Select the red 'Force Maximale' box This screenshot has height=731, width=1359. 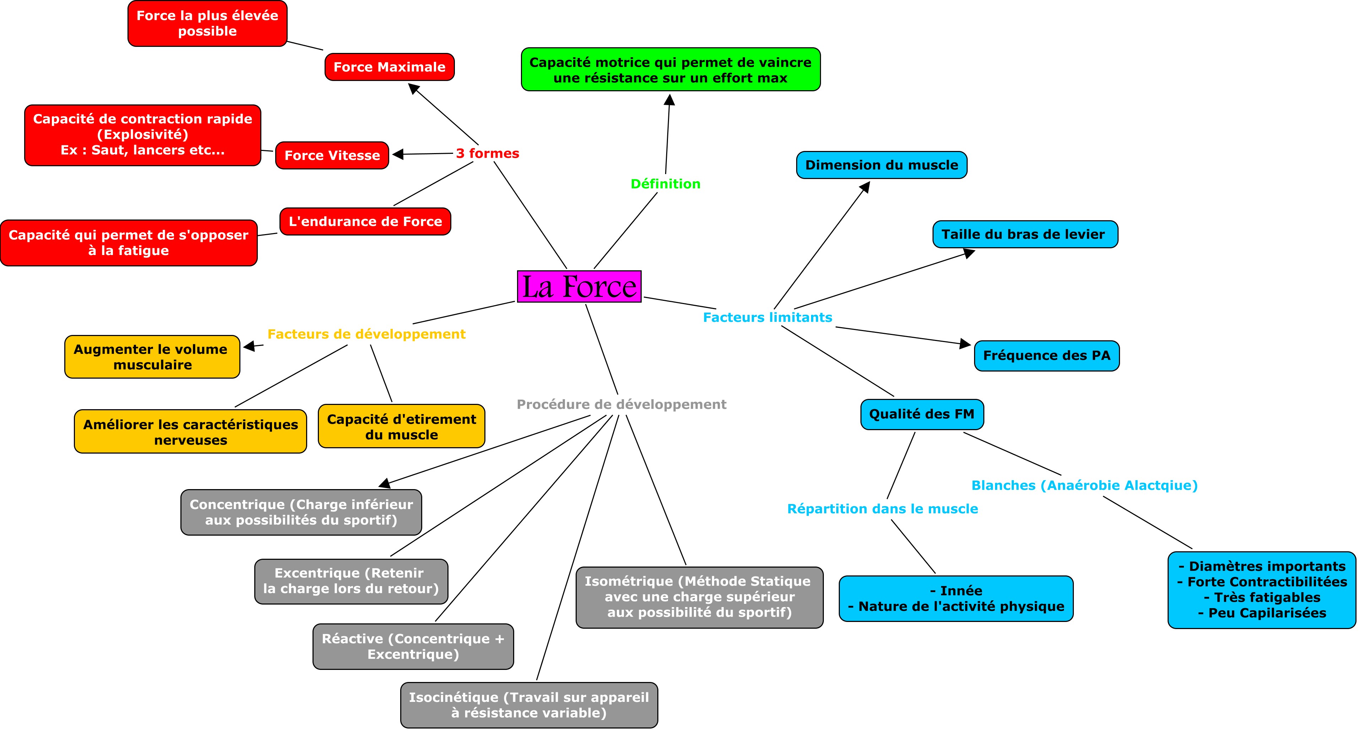coord(389,67)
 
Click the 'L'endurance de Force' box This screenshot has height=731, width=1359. coord(365,221)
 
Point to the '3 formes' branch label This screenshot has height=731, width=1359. coord(488,153)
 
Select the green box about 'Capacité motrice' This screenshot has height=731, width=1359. coord(670,70)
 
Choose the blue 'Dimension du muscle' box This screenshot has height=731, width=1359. coord(881,165)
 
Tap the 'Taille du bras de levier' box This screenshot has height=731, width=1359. coord(1025,234)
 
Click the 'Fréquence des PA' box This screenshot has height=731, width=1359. coord(1047,356)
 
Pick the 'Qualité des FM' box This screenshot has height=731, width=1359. coord(922,414)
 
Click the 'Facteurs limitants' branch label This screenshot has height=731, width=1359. coord(768,317)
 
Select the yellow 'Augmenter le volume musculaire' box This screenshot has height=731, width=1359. coord(152,357)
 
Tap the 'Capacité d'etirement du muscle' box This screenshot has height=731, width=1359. coord(402,427)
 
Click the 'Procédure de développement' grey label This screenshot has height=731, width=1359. coord(621,404)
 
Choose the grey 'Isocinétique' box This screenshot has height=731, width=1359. coord(529,705)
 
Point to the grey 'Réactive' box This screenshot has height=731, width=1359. coord(413,646)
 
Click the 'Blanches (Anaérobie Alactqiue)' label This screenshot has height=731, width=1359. coord(1085,485)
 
